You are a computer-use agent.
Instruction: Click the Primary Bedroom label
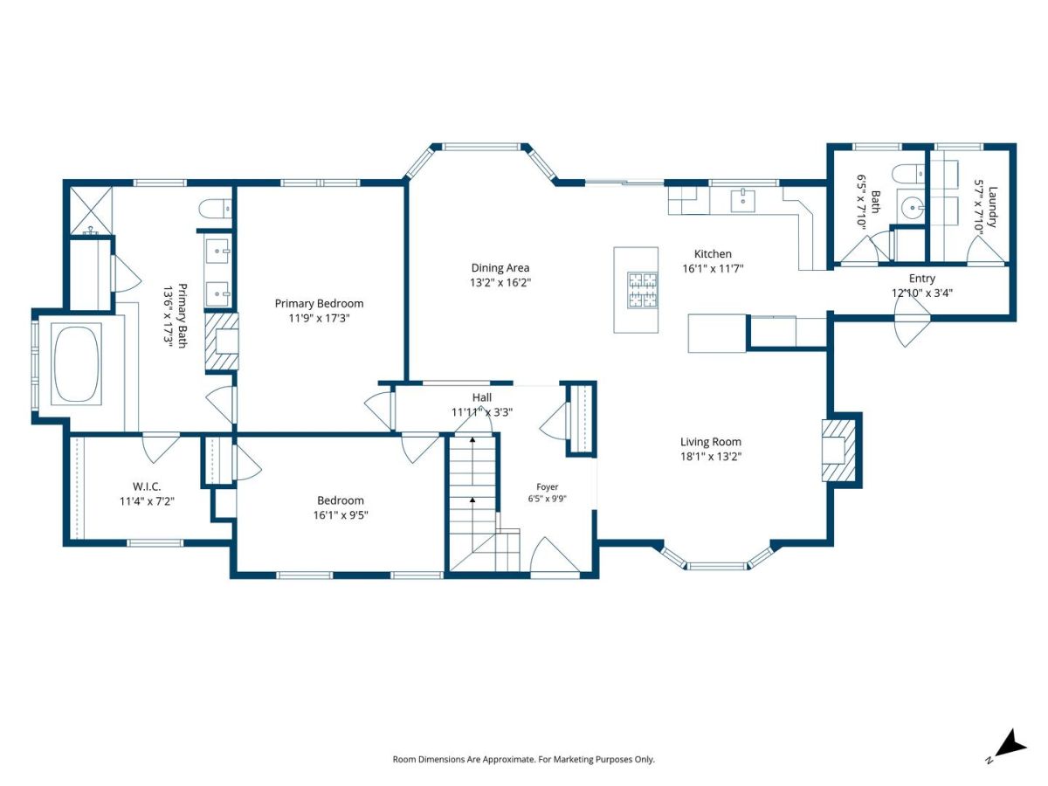pos(319,304)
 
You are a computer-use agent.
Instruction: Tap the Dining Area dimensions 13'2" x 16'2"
pos(500,282)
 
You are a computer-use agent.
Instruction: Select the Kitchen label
pos(713,254)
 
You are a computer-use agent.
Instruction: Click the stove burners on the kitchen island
pos(643,290)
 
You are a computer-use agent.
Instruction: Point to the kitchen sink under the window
pos(743,200)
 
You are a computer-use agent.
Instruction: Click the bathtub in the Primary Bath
pos(76,364)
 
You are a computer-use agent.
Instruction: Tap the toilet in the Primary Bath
pos(215,209)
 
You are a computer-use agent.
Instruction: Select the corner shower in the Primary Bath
pos(91,210)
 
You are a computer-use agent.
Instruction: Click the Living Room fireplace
pos(838,450)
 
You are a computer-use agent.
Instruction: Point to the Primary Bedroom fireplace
pos(222,341)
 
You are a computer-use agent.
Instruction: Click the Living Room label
pos(710,442)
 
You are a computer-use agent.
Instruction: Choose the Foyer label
pos(547,486)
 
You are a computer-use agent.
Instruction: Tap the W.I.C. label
pos(147,486)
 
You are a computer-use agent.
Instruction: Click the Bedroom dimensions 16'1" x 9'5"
pos(341,515)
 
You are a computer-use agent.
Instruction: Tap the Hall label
pos(482,397)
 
